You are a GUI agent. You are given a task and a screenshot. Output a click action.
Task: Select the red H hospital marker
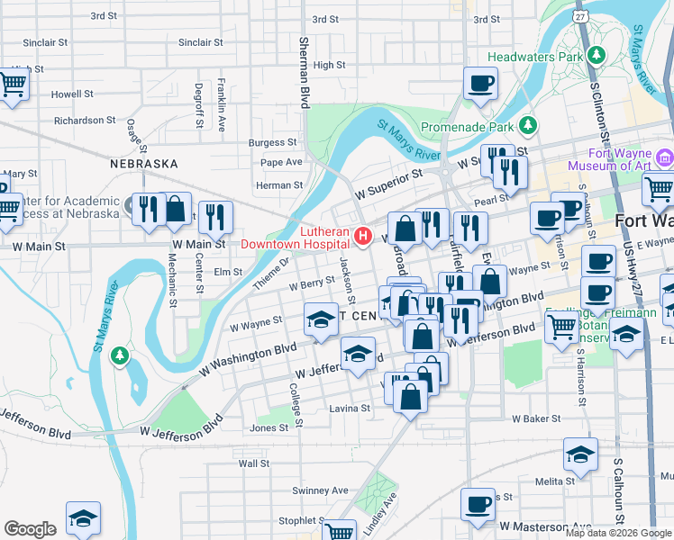click(363, 237)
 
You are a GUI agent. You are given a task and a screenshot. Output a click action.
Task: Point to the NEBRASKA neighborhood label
click(144, 165)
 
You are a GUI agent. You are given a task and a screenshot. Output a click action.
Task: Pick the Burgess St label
click(273, 142)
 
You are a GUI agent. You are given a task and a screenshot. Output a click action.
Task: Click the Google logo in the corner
click(30, 529)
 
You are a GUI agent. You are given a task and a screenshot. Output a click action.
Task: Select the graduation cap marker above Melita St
click(580, 454)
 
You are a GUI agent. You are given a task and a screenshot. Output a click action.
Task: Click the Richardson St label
click(86, 120)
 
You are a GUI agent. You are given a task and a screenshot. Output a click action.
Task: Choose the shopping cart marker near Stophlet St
click(339, 532)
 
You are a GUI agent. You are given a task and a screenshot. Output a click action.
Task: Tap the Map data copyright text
click(617, 533)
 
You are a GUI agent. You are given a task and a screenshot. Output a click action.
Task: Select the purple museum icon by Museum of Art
click(664, 159)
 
